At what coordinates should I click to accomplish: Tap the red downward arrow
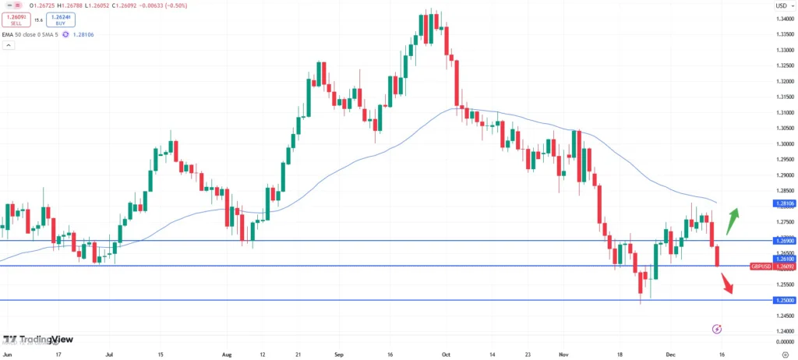coord(727,281)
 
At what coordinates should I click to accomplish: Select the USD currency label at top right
coord(781,6)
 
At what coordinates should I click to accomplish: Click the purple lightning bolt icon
coord(717,330)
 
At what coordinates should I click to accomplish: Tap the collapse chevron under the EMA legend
coord(9,46)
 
